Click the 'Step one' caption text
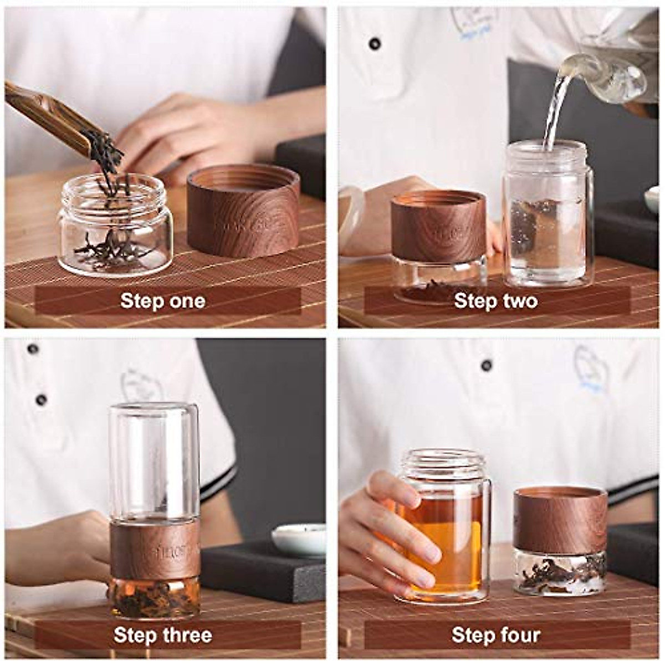(162, 301)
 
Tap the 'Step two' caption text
(495, 301)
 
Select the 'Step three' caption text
(162, 635)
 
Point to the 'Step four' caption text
(495, 635)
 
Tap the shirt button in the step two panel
(375, 43)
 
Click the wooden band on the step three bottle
(155, 549)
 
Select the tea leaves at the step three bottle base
(153, 598)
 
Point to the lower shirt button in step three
(40, 400)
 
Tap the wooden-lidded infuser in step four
(559, 540)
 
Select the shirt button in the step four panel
(487, 365)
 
